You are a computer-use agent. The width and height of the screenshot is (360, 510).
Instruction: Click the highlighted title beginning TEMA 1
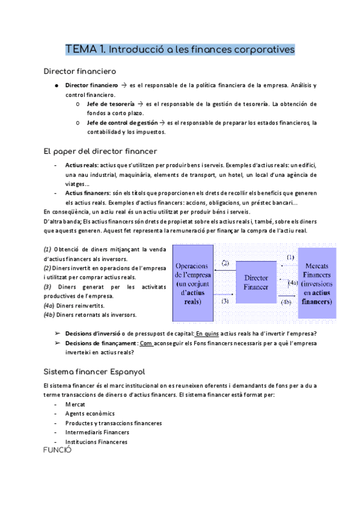(x=180, y=48)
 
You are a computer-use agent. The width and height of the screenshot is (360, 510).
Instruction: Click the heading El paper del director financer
(x=92, y=150)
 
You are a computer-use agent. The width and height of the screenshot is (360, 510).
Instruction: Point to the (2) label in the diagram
(x=226, y=263)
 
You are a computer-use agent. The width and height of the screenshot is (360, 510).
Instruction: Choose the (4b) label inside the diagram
(x=286, y=303)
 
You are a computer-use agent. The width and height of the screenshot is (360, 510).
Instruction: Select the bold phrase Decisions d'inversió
(x=91, y=334)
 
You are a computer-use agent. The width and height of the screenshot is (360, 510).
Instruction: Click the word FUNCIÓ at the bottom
(x=58, y=449)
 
